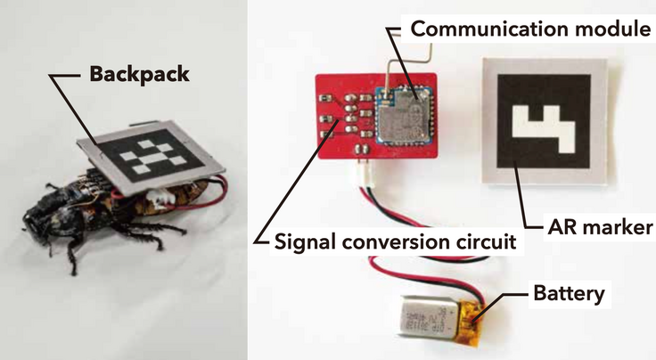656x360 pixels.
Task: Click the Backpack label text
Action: [139, 74]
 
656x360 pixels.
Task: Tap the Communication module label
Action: [531, 29]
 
